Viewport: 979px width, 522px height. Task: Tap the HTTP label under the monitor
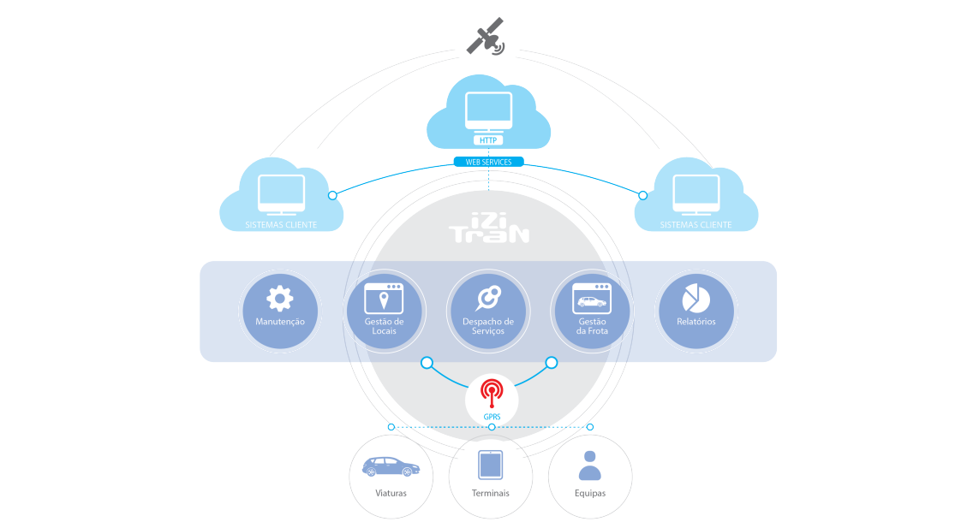pyautogui.click(x=488, y=140)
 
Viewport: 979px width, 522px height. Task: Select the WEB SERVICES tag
pyautogui.click(x=488, y=162)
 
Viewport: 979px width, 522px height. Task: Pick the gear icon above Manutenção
pyautogui.click(x=280, y=298)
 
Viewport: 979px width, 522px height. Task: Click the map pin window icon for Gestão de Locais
pyautogui.click(x=384, y=298)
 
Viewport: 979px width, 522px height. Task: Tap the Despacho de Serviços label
pyautogui.click(x=487, y=326)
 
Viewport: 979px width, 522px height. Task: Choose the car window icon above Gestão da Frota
pyautogui.click(x=591, y=298)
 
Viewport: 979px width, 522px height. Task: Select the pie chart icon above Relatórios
pyautogui.click(x=695, y=298)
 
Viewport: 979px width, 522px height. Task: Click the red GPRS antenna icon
pyautogui.click(x=491, y=394)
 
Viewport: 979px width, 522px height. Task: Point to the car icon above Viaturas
pyautogui.click(x=391, y=467)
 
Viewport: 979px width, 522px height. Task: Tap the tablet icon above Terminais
pyautogui.click(x=490, y=466)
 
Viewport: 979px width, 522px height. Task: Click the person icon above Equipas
pyautogui.click(x=590, y=466)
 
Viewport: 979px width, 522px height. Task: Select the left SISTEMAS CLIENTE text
pyautogui.click(x=281, y=225)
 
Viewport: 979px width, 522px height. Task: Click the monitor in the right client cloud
pyautogui.click(x=696, y=194)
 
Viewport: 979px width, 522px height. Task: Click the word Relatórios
pyautogui.click(x=695, y=322)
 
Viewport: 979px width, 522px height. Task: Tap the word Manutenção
pyautogui.click(x=280, y=322)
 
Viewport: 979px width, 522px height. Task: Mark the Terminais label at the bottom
pyautogui.click(x=490, y=493)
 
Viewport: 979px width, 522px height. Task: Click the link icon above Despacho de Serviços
pyautogui.click(x=487, y=297)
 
